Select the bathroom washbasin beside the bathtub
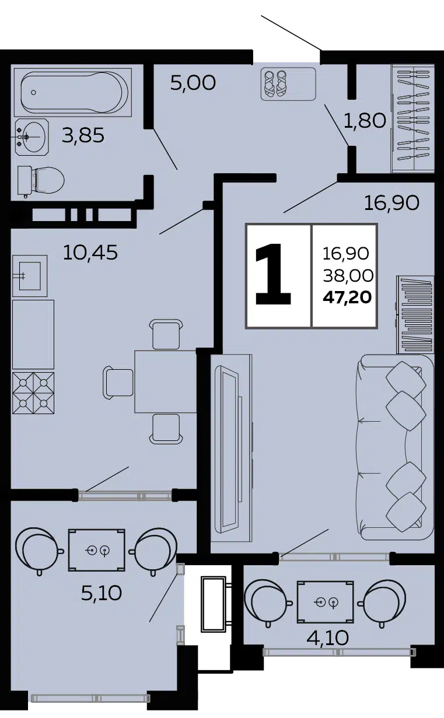click(32, 137)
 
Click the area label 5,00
click(193, 83)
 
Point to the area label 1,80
click(365, 121)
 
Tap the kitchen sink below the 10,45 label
click(30, 276)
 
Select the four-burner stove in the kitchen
click(33, 393)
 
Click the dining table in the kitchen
click(166, 381)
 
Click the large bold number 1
click(273, 275)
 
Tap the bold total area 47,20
click(347, 298)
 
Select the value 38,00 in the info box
click(348, 276)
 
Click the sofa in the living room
click(394, 447)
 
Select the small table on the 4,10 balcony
click(326, 602)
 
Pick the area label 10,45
click(90, 252)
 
